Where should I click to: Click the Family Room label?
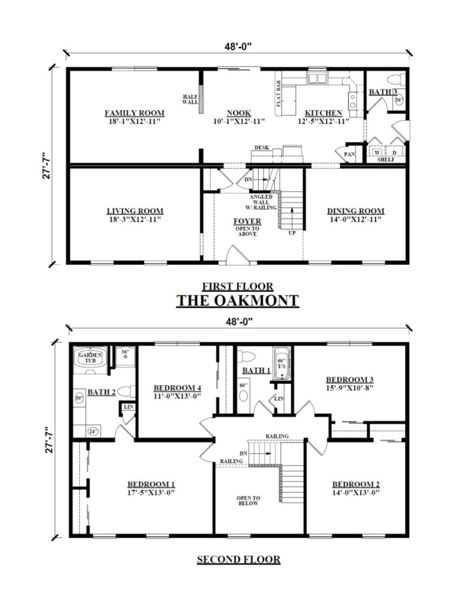[134, 112]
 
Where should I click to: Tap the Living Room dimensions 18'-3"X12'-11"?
[134, 219]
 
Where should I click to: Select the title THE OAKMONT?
[238, 301]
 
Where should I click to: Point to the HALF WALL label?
[190, 99]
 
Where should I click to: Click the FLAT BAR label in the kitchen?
[278, 94]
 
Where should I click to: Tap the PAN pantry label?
[349, 154]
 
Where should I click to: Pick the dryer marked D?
[394, 154]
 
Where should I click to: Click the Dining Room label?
[355, 211]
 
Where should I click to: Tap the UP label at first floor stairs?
[291, 233]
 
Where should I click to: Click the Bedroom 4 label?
[177, 387]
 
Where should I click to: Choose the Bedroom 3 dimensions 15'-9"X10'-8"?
[349, 387]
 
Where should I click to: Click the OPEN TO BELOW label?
[248, 502]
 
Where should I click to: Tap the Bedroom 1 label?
[151, 484]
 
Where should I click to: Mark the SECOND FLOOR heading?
[238, 560]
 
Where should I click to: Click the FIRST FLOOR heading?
[238, 287]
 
